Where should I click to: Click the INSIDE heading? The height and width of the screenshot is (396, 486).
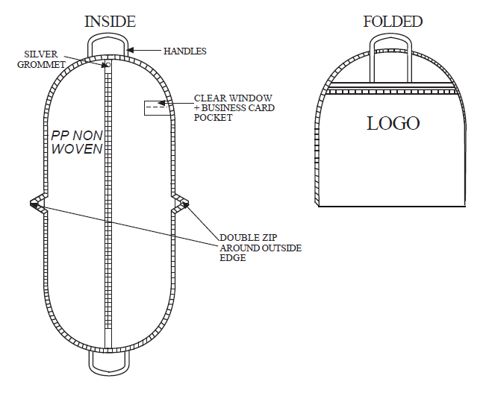click(x=110, y=22)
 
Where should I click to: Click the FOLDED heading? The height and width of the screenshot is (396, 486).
click(x=393, y=22)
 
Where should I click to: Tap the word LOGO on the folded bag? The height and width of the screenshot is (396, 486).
click(x=393, y=123)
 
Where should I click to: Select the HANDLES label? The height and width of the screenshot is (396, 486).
click(x=184, y=51)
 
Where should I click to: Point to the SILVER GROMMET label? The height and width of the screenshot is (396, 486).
click(x=41, y=59)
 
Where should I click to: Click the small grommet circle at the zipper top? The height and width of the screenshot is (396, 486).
click(x=108, y=64)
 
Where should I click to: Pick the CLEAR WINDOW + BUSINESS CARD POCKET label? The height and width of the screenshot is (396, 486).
click(x=234, y=107)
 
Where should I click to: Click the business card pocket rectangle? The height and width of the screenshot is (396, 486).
click(x=158, y=107)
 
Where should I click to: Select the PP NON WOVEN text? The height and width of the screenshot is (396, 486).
click(x=77, y=142)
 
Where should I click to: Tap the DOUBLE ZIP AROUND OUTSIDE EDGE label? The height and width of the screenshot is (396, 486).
click(x=261, y=248)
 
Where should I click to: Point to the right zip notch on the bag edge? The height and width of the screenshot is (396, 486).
click(x=180, y=204)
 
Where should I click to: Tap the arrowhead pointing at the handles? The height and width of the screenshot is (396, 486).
click(x=130, y=50)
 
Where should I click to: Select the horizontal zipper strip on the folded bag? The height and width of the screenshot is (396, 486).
click(x=391, y=92)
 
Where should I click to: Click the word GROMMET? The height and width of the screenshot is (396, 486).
click(x=41, y=64)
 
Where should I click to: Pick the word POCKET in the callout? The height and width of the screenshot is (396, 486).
click(x=214, y=118)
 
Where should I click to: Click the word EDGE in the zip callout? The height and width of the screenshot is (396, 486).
click(x=232, y=257)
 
